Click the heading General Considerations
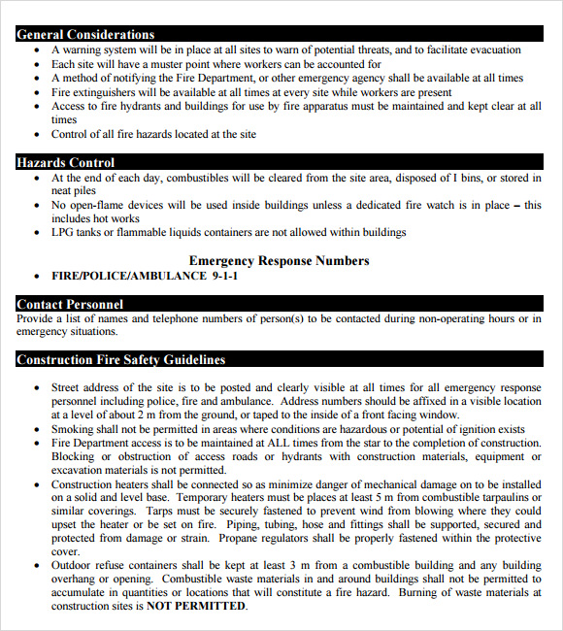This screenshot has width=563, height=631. tap(85, 34)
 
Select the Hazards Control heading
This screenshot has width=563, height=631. tap(65, 162)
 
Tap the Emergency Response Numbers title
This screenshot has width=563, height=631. tap(279, 260)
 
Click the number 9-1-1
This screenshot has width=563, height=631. tap(224, 276)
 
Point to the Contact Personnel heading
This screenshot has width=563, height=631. tap(70, 304)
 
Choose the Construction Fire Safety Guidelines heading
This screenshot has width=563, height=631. tap(120, 359)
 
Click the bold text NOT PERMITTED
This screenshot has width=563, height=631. tap(196, 606)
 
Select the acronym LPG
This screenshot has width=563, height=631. tap(63, 232)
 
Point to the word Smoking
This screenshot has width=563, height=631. tap(74, 429)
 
